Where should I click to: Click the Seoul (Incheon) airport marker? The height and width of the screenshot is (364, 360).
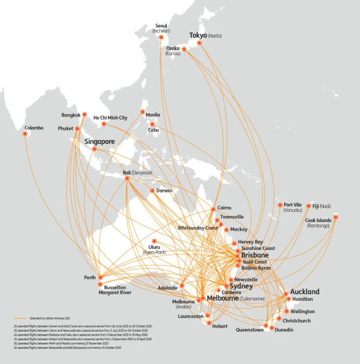[161, 37]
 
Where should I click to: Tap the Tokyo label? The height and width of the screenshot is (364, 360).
[198, 36]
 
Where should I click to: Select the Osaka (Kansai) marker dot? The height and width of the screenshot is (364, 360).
[185, 50]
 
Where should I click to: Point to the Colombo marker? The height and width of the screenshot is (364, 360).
[25, 133]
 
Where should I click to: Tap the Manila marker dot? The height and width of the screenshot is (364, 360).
[142, 112]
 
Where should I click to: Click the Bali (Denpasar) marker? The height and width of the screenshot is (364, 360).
[127, 178]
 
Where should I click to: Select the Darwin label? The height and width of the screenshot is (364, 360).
[164, 190]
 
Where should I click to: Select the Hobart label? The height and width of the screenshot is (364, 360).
[219, 326]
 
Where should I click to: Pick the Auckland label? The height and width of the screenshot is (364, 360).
[305, 292]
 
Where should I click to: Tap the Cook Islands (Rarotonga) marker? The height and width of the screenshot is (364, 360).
[336, 217]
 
